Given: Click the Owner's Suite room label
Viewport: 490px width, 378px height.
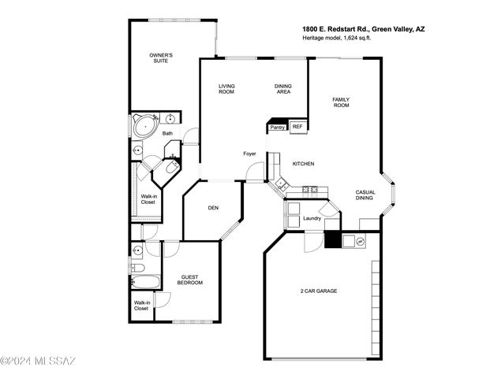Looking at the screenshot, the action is pyautogui.click(x=161, y=58).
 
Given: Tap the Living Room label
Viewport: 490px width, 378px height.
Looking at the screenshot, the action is pyautogui.click(x=226, y=89).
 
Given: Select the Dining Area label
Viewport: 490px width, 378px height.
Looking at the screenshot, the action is pyautogui.click(x=283, y=89).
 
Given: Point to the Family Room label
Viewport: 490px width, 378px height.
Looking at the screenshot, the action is pyautogui.click(x=341, y=102).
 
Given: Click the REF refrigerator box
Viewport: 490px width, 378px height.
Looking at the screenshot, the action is pyautogui.click(x=298, y=127).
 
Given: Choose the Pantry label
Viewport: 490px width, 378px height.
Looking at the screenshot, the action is pyautogui.click(x=277, y=128).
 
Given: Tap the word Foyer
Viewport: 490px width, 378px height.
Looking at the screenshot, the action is pyautogui.click(x=249, y=154).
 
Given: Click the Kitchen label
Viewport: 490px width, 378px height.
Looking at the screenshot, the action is pyautogui.click(x=303, y=164).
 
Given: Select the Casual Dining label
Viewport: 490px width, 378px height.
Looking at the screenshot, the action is pyautogui.click(x=365, y=195).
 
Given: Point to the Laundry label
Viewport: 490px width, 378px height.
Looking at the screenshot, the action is pyautogui.click(x=312, y=218).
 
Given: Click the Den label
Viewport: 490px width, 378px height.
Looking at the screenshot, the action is pyautogui.click(x=213, y=208).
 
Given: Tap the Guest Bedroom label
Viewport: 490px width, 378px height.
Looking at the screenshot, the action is pyautogui.click(x=190, y=280).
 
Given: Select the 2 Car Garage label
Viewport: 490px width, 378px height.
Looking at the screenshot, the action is pyautogui.click(x=319, y=291).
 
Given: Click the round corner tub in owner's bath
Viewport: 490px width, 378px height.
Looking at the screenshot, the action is pyautogui.click(x=145, y=127).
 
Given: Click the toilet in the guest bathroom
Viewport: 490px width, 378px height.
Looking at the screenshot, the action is pyautogui.click(x=137, y=267).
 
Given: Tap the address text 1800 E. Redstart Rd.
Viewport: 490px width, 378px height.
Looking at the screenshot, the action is pyautogui.click(x=336, y=29).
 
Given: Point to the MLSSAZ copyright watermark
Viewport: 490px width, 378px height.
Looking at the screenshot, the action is pyautogui.click(x=38, y=361).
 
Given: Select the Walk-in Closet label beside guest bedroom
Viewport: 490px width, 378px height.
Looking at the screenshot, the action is pyautogui.click(x=141, y=306).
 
